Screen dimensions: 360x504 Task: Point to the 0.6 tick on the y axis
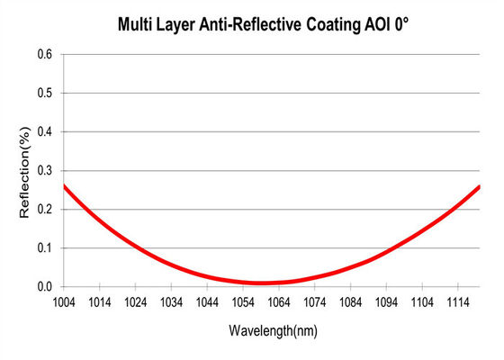pos(44,55)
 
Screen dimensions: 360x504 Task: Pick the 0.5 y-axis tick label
pos(44,94)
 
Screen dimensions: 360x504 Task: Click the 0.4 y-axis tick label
pos(44,132)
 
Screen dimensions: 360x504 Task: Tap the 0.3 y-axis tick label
pos(44,171)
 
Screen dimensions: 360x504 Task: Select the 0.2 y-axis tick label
pos(44,210)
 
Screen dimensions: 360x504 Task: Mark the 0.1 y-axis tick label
pos(44,248)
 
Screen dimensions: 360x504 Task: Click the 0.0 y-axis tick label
pos(44,287)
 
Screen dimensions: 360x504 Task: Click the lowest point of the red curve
pos(262,283)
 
